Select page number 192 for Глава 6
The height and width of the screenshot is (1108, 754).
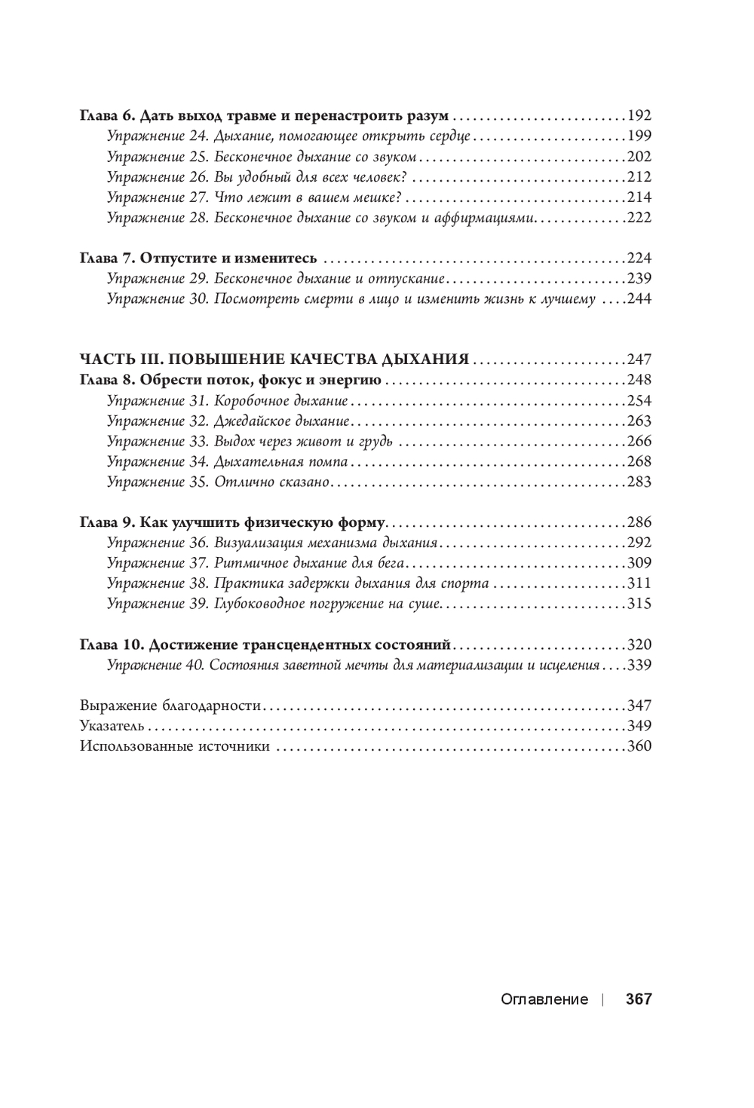(x=639, y=116)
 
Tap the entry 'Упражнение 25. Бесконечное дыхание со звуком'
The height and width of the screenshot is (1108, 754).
(x=262, y=157)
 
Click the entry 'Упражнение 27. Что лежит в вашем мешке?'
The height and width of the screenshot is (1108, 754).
(x=253, y=197)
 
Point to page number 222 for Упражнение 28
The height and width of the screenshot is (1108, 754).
(x=639, y=218)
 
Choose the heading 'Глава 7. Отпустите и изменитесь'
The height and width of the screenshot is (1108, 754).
(x=198, y=258)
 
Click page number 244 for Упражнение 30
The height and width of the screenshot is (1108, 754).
(x=639, y=298)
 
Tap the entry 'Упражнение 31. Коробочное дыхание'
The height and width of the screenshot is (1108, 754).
(x=227, y=400)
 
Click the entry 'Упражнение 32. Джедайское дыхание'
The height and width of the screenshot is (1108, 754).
(x=228, y=421)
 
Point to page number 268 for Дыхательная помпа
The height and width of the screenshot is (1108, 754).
(x=639, y=461)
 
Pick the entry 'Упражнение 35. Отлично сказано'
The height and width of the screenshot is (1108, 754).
(x=218, y=482)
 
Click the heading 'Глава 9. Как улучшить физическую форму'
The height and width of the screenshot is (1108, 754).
(x=232, y=522)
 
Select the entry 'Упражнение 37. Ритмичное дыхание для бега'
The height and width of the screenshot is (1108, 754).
(x=256, y=563)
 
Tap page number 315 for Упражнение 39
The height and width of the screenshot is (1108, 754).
(x=639, y=604)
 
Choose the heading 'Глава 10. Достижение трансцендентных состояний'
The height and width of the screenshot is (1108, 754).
(x=265, y=645)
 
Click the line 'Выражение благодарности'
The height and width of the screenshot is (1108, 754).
(x=170, y=706)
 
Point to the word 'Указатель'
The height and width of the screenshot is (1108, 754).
(x=113, y=727)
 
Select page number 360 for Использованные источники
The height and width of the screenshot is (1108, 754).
(x=639, y=747)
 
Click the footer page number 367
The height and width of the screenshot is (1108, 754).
(x=638, y=999)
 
